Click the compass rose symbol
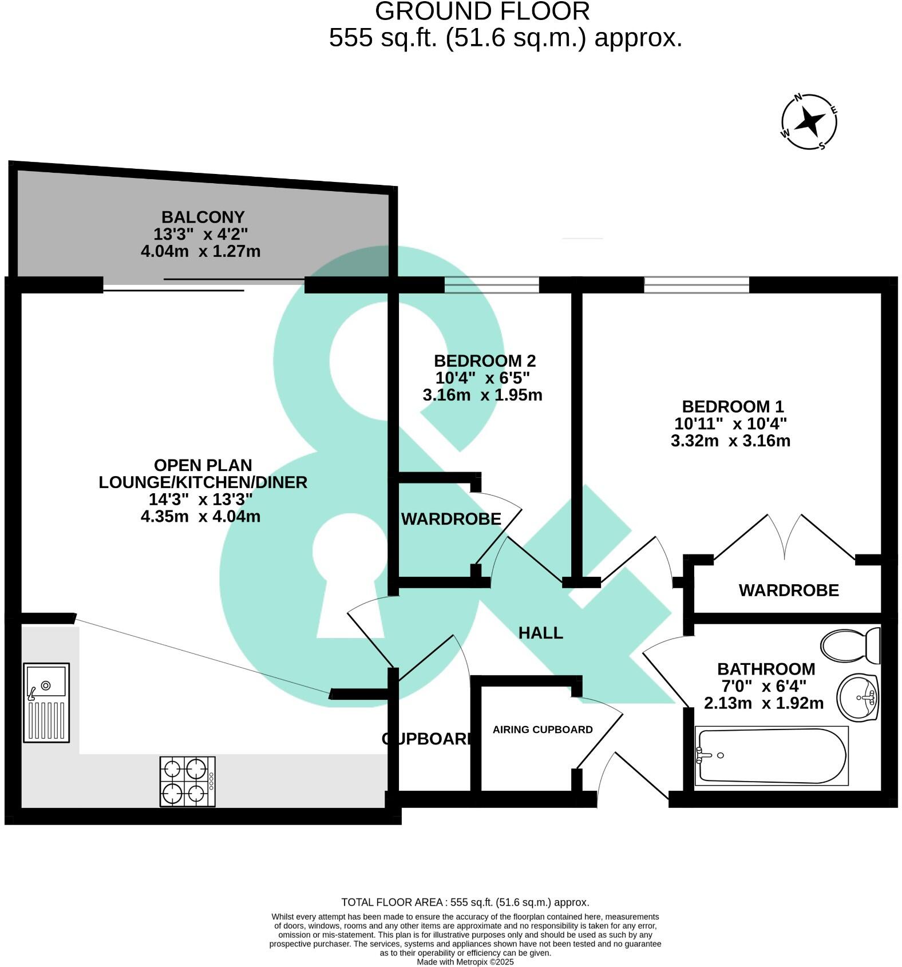pos(809,121)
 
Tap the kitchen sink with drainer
pos(46,703)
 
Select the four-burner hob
pos(188,782)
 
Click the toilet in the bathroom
pos(850,645)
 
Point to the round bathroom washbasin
pos(857,697)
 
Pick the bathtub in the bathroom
pos(771,756)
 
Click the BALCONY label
pos(203,217)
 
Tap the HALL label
pos(540,633)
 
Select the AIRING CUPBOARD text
pos(543,730)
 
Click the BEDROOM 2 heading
pos(485,361)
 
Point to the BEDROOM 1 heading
pos(733,407)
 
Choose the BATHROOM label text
pos(766,669)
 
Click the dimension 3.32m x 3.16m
pos(730,441)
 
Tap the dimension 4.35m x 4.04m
pos(200,516)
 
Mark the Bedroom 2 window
pos(492,284)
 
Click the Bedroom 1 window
pos(697,284)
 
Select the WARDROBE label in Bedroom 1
pos(789,590)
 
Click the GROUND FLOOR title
pos(482,12)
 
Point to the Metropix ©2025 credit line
pos(465,962)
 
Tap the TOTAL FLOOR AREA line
pos(465,902)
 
